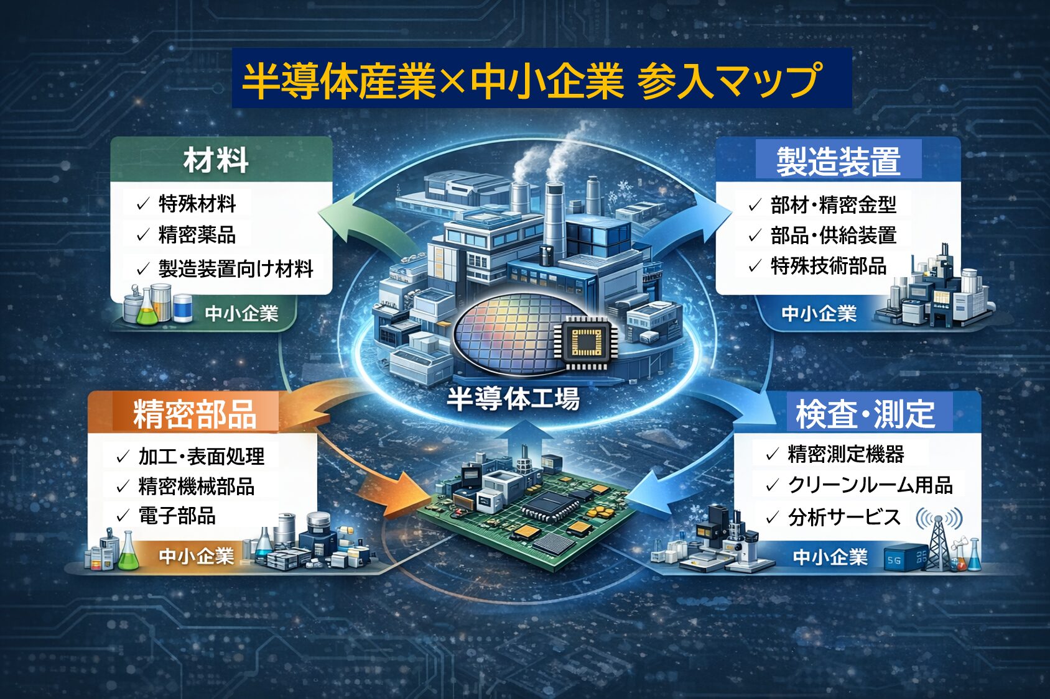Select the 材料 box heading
point(216,160)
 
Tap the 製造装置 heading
point(838,162)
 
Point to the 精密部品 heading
point(195,414)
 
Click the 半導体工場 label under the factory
point(513,399)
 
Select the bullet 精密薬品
point(197,235)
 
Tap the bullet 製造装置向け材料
point(235,268)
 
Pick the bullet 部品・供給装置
point(833,235)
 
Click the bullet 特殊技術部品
point(828,266)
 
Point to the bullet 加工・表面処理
point(201,457)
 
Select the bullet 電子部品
point(177,516)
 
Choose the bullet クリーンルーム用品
point(870,485)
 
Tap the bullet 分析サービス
point(843,517)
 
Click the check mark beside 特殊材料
point(143,204)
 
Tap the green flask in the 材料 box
point(147,311)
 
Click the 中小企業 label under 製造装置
point(819,314)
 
